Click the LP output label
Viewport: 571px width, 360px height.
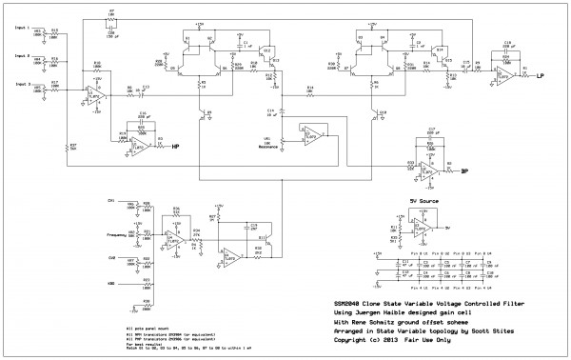pos(540,75)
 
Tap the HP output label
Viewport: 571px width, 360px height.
pos(175,147)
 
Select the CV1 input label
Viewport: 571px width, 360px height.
pos(111,201)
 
